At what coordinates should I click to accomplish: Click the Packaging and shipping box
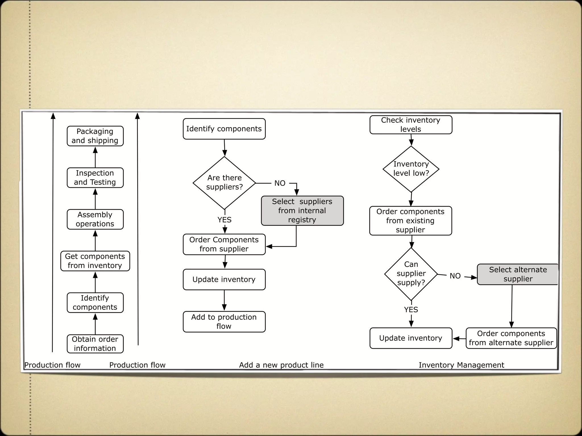click(x=95, y=136)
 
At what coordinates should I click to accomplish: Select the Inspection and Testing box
click(x=95, y=178)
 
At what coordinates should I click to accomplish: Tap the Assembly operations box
click(x=95, y=219)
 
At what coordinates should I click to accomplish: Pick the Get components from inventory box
click(x=95, y=261)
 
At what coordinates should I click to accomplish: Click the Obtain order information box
click(x=95, y=344)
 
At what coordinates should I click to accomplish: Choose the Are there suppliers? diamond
click(x=224, y=183)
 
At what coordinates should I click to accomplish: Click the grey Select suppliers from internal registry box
click(x=302, y=211)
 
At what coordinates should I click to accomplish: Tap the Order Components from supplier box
click(x=224, y=244)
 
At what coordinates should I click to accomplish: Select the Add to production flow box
click(x=224, y=322)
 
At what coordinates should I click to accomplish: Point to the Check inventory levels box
click(x=411, y=125)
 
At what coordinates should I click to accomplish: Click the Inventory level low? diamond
click(x=411, y=169)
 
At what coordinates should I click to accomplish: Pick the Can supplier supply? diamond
click(x=411, y=274)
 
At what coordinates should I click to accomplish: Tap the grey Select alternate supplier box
click(x=517, y=274)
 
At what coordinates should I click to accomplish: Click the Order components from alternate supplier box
click(x=511, y=338)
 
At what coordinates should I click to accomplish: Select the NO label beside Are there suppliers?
click(x=280, y=183)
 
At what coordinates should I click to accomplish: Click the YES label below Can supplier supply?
click(x=411, y=310)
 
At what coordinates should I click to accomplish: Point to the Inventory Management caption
click(x=461, y=365)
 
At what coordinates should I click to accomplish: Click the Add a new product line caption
click(x=281, y=365)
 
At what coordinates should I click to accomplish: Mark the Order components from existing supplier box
click(x=410, y=221)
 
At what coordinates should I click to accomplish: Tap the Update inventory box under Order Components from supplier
click(x=224, y=280)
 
